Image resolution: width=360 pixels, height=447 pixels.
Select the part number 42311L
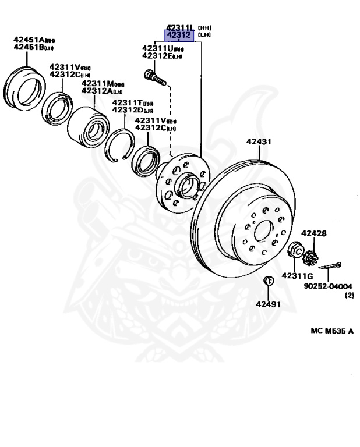pyautogui.click(x=181, y=27)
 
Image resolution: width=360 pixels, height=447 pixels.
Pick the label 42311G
pyautogui.click(x=297, y=275)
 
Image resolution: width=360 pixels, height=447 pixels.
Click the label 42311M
pyautogui.click(x=97, y=84)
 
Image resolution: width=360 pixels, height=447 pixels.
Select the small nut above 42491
pyautogui.click(x=269, y=280)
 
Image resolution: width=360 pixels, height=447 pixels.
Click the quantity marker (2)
pyautogui.click(x=349, y=295)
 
